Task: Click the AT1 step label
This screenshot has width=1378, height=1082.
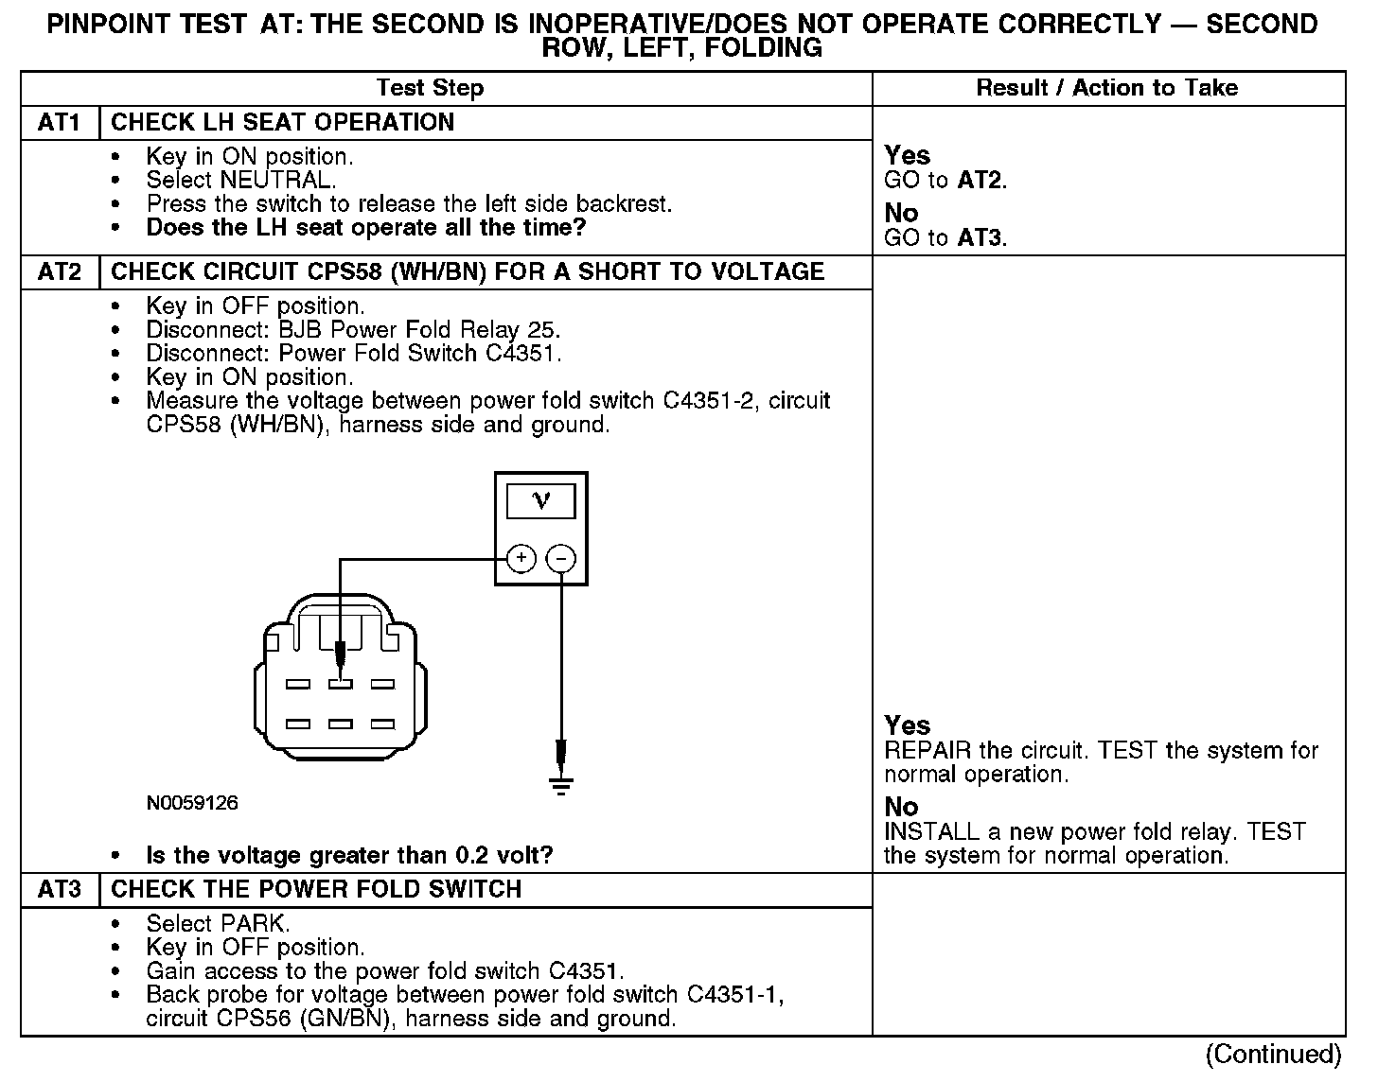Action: [59, 123]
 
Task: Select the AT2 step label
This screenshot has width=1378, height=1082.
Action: [59, 272]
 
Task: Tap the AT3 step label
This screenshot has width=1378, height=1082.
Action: [59, 890]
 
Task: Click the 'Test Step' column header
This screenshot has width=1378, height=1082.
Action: [430, 88]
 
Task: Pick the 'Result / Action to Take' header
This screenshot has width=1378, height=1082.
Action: [1106, 88]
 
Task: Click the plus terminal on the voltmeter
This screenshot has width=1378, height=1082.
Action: [521, 559]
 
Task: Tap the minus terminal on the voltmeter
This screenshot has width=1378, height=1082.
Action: [561, 559]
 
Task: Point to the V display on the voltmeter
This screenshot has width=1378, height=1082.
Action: [540, 500]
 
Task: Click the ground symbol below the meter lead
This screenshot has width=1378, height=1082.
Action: [561, 784]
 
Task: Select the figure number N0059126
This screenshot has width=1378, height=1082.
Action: [192, 804]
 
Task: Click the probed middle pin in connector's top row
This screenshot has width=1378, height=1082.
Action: [340, 684]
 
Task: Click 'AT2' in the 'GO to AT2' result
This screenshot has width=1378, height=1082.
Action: [979, 181]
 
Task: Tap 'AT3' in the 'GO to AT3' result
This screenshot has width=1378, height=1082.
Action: [979, 238]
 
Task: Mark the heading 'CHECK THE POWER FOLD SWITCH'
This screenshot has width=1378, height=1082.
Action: [316, 890]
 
